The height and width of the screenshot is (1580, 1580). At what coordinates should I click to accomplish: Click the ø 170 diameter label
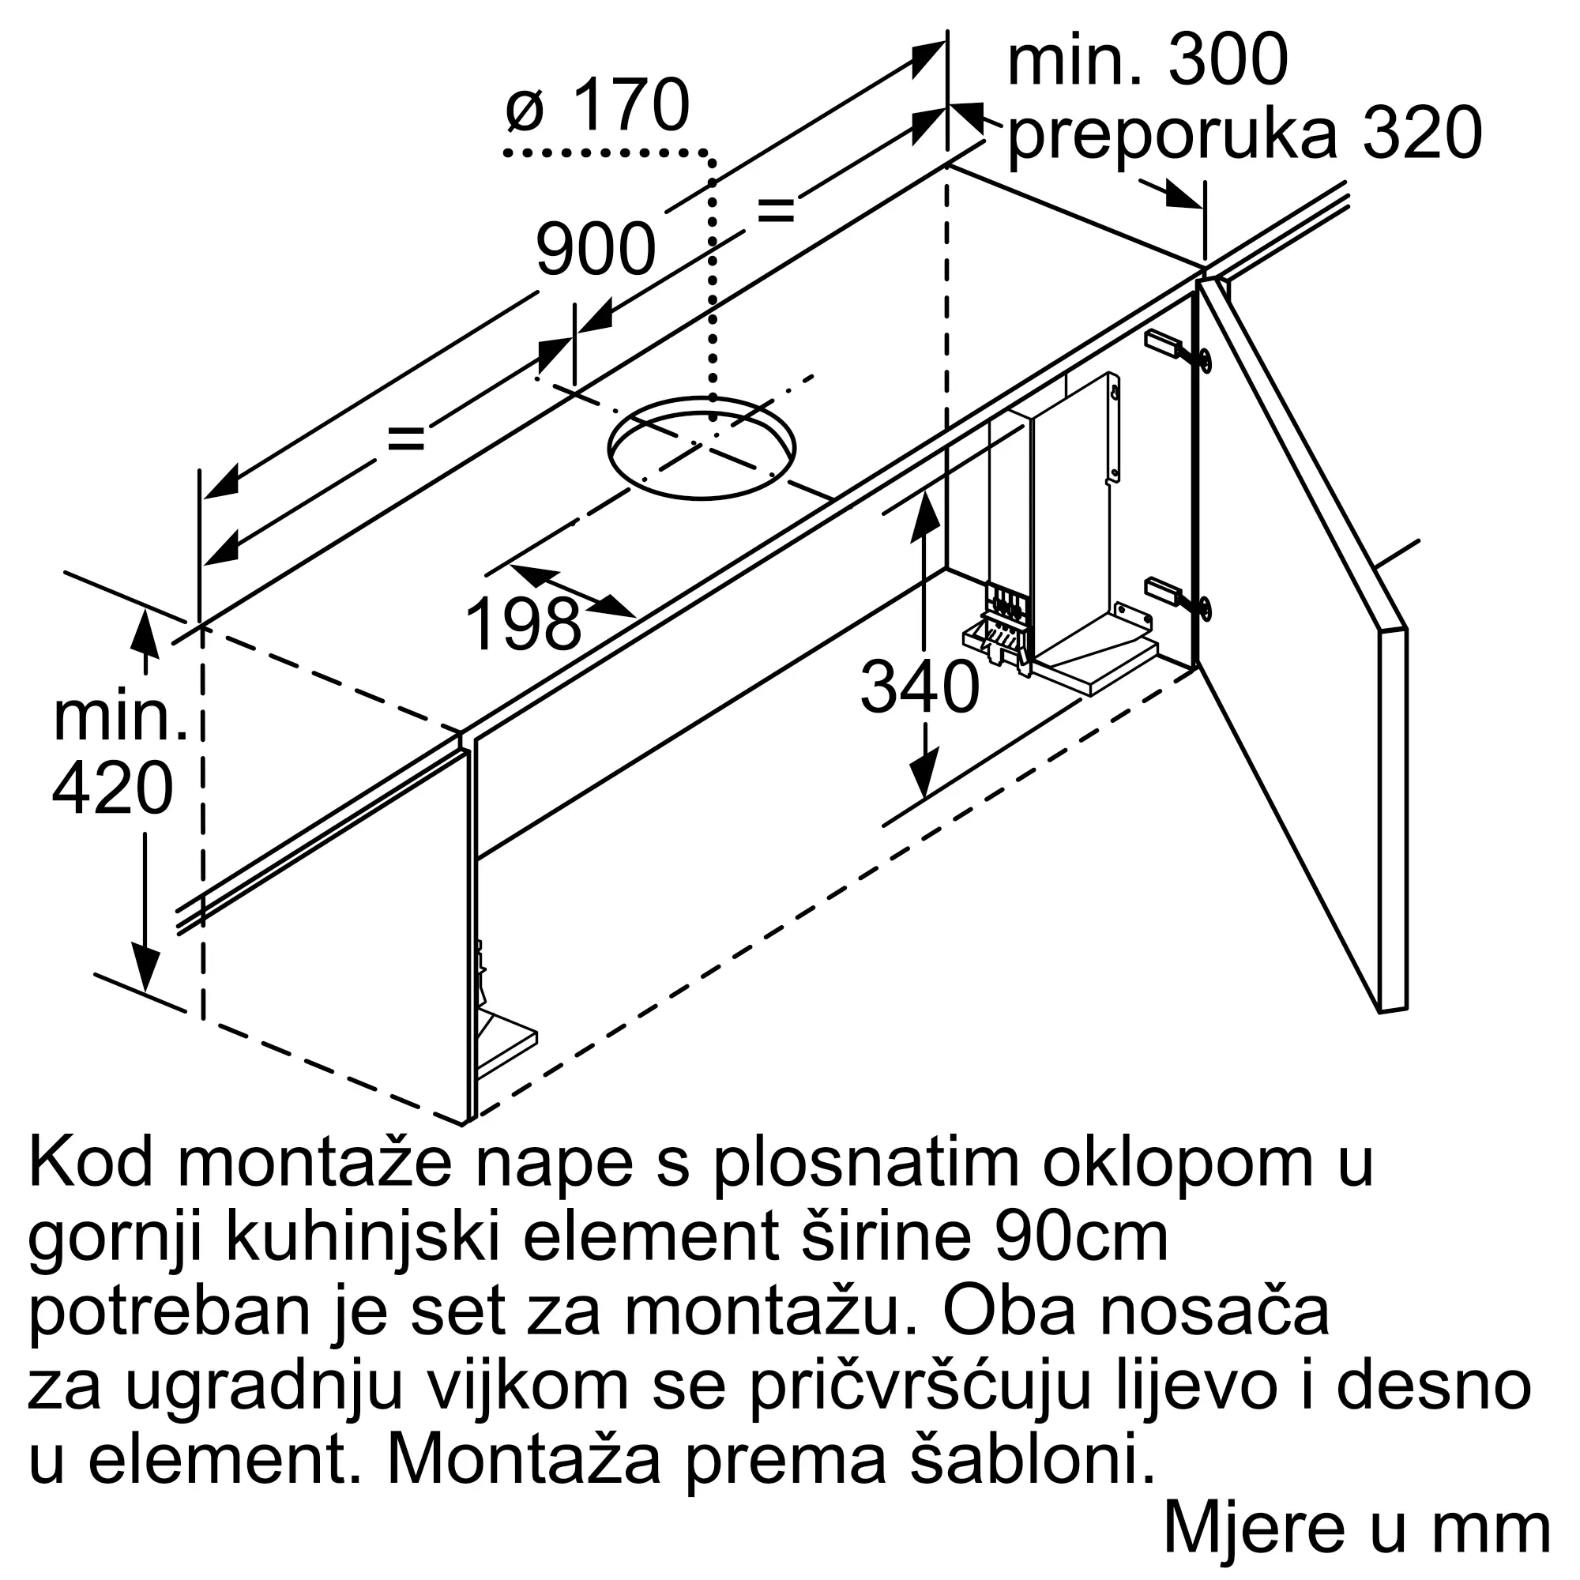(598, 107)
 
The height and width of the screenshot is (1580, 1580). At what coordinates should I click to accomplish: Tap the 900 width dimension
(596, 250)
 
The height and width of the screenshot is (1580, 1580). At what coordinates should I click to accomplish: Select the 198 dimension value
(524, 624)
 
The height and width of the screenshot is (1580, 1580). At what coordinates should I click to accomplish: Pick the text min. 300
(1147, 62)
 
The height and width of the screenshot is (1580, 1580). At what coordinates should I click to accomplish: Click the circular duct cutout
(701, 448)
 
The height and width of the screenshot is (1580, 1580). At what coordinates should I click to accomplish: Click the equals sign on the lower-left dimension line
(405, 440)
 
